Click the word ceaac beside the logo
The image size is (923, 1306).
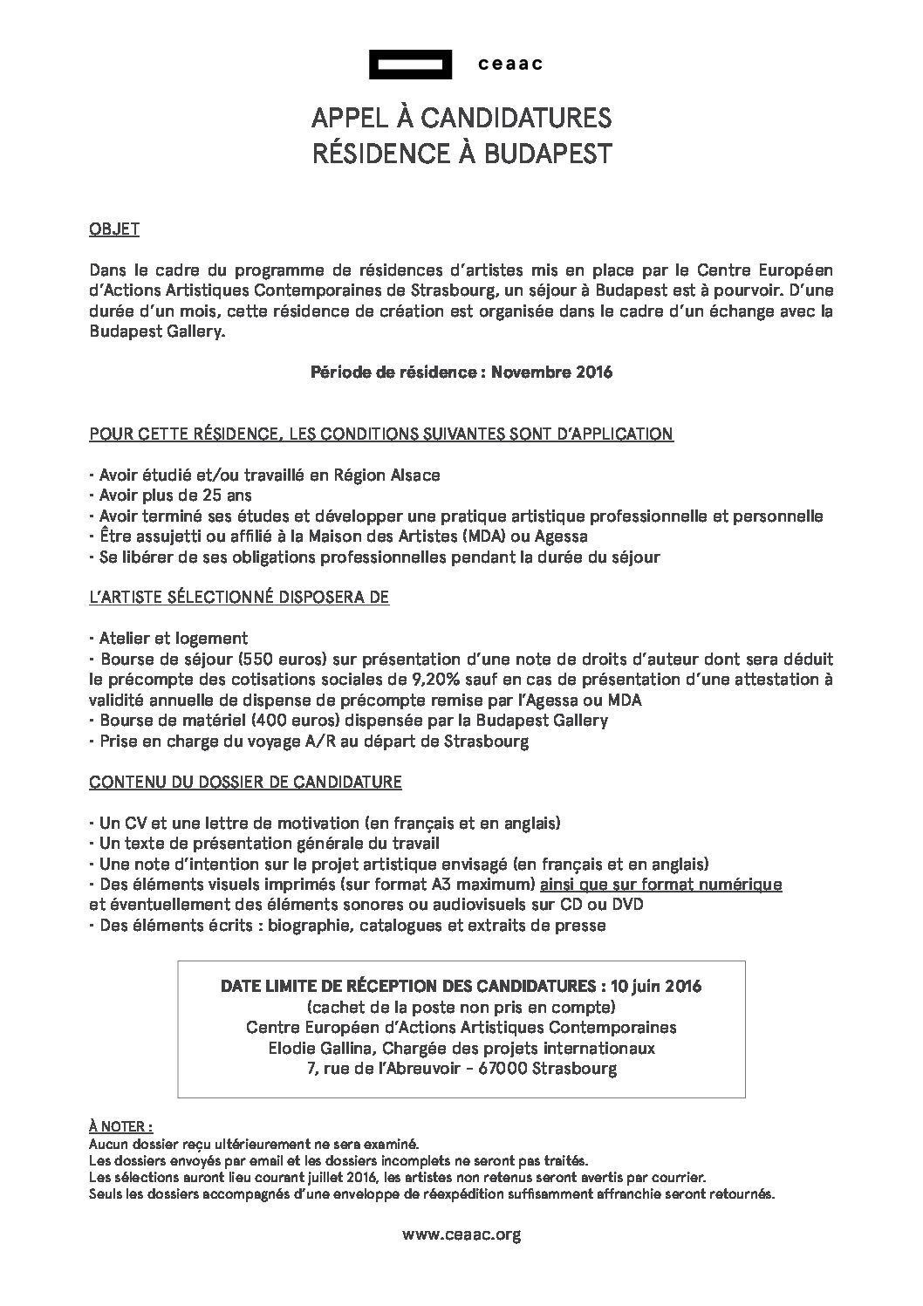511,65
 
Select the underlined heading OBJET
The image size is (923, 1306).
114,230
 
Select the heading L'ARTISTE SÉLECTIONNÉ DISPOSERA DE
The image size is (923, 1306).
239,598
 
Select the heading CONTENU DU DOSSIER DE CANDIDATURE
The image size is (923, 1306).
245,783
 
